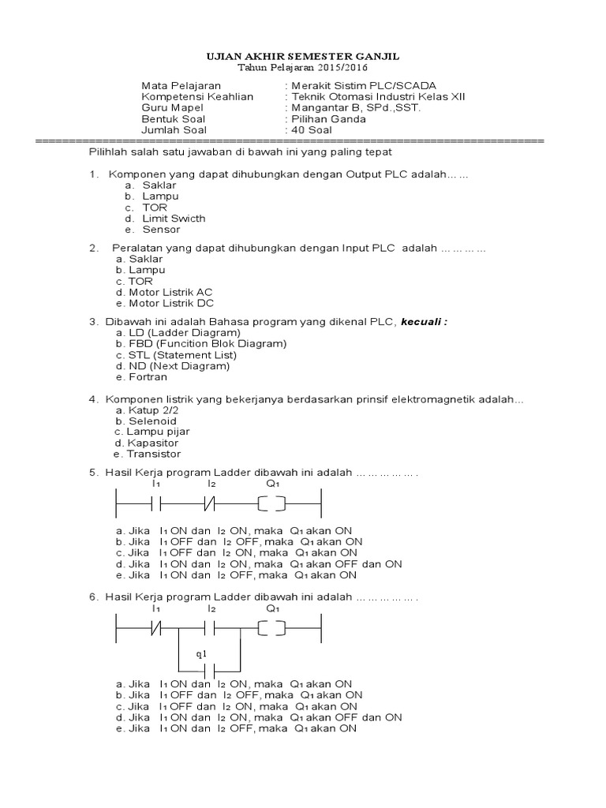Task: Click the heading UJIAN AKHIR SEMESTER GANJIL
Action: [303, 57]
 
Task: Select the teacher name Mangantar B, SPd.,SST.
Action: [356, 108]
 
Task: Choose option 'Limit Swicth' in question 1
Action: [174, 219]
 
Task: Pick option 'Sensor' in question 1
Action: [161, 230]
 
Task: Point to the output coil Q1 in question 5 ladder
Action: [272, 502]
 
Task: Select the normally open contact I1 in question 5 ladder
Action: [156, 502]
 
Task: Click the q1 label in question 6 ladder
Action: [200, 654]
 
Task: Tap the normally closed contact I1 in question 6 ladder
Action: [156, 628]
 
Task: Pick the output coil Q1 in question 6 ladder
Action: [272, 628]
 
